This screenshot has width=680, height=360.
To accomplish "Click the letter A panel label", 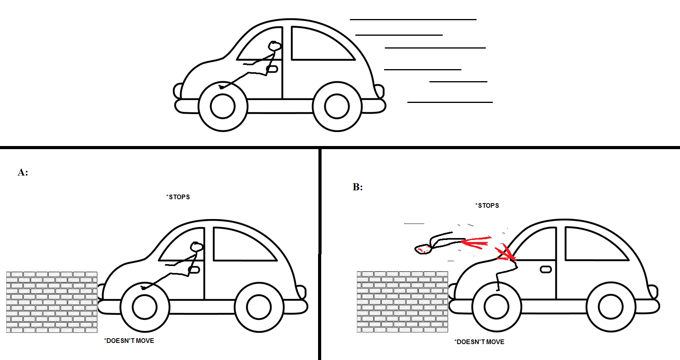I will pos(23,172).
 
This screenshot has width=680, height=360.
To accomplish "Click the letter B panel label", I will pos(358,187).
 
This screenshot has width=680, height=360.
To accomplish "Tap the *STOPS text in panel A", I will pos(178,197).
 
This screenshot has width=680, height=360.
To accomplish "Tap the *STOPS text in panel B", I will pos(487,205).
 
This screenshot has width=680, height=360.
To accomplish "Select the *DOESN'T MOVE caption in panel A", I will pos(129,341).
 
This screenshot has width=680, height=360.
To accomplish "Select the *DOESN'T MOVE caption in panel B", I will pos(480,342).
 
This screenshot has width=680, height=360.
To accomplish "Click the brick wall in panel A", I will pos(52,302).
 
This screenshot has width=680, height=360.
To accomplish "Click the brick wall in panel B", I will pos(402,302).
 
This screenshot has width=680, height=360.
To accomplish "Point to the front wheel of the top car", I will pos(223,106).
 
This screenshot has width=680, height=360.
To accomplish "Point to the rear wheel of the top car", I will pos(337,106).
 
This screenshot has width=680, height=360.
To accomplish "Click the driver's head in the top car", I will pos(275,46).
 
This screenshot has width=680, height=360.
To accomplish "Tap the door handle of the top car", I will pos(272,69).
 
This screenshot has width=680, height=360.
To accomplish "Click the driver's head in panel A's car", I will pos(197,247).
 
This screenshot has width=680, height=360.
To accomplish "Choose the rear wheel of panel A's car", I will pos(259,307).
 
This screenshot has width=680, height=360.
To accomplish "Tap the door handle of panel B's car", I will pos(546,270).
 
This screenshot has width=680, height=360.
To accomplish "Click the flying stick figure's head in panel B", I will pos(423,249).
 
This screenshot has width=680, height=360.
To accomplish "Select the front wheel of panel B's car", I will pos(497,306).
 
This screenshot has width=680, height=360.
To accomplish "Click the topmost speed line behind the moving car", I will pos(413,19).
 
